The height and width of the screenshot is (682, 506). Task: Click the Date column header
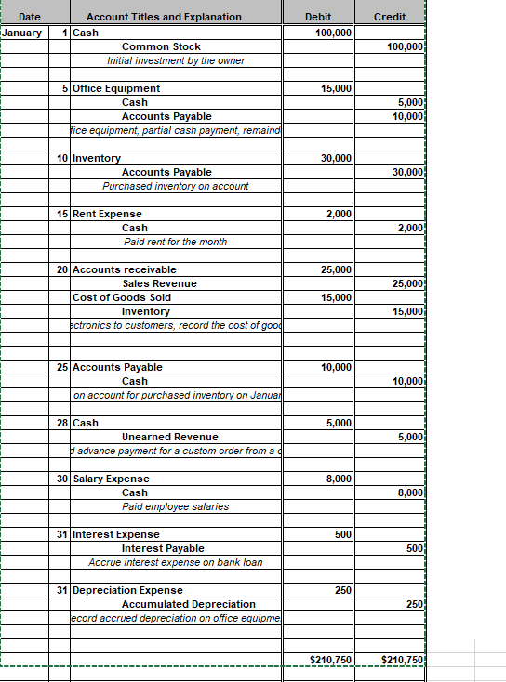pyautogui.click(x=30, y=17)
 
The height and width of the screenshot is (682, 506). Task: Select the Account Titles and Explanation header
pyautogui.click(x=164, y=17)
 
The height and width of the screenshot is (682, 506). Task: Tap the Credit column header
pyautogui.click(x=389, y=17)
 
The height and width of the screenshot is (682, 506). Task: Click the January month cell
pyautogui.click(x=22, y=33)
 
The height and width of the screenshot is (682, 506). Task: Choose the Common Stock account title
pyautogui.click(x=161, y=46)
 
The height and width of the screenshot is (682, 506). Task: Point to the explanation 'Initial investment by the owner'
pyautogui.click(x=176, y=60)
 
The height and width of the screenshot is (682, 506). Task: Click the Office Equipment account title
pyautogui.click(x=115, y=88)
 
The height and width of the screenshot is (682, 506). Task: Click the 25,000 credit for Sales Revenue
pyautogui.click(x=408, y=283)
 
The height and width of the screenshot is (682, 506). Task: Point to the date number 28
pyautogui.click(x=62, y=423)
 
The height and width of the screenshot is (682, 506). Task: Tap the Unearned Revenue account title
pyautogui.click(x=170, y=437)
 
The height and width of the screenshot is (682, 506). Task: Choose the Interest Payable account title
pyautogui.click(x=163, y=548)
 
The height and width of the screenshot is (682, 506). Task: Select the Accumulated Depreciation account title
pyautogui.click(x=189, y=604)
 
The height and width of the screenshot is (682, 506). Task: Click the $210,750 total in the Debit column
pyautogui.click(x=330, y=660)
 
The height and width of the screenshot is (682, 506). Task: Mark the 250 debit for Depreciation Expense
pyautogui.click(x=342, y=590)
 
